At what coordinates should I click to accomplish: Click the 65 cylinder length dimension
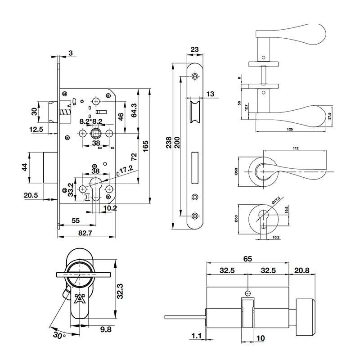[x=247, y=259]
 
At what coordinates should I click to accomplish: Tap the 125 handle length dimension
[x=289, y=130]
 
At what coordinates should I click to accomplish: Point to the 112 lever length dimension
[x=295, y=148]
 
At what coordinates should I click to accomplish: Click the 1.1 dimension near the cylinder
[x=196, y=335]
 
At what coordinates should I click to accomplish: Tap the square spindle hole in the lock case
[x=96, y=134]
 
